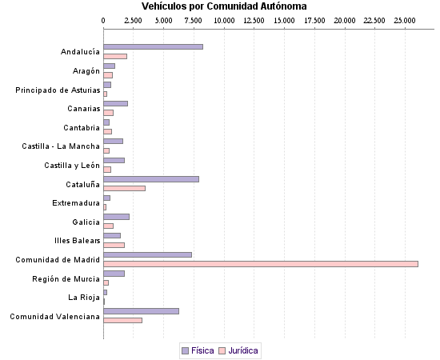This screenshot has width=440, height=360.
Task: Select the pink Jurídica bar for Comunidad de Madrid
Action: tap(261, 263)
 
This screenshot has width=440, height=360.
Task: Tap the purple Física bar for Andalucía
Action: tap(153, 47)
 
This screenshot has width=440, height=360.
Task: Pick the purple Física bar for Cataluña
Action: tap(151, 179)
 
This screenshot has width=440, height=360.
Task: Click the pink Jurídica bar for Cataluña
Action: tap(124, 188)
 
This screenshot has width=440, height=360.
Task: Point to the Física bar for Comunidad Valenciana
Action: tap(141, 311)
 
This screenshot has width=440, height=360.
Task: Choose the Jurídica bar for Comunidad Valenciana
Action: tap(122, 320)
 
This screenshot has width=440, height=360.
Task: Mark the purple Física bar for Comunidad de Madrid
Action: tap(147, 254)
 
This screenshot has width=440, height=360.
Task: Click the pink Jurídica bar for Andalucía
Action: tap(115, 56)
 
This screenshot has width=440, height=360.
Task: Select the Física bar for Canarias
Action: tap(115, 103)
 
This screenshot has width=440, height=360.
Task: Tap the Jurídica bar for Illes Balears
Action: tap(114, 245)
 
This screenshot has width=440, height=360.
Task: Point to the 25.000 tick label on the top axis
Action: tap(406, 19)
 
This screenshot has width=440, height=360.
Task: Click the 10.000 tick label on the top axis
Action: tap(224, 19)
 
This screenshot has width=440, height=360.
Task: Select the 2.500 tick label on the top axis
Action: tap(134, 19)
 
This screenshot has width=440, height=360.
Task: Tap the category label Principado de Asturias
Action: tap(58, 90)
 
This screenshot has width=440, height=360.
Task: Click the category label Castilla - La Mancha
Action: tap(61, 146)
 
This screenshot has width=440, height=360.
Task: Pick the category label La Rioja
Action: tap(84, 298)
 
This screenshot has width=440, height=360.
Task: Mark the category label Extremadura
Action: tap(76, 203)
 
